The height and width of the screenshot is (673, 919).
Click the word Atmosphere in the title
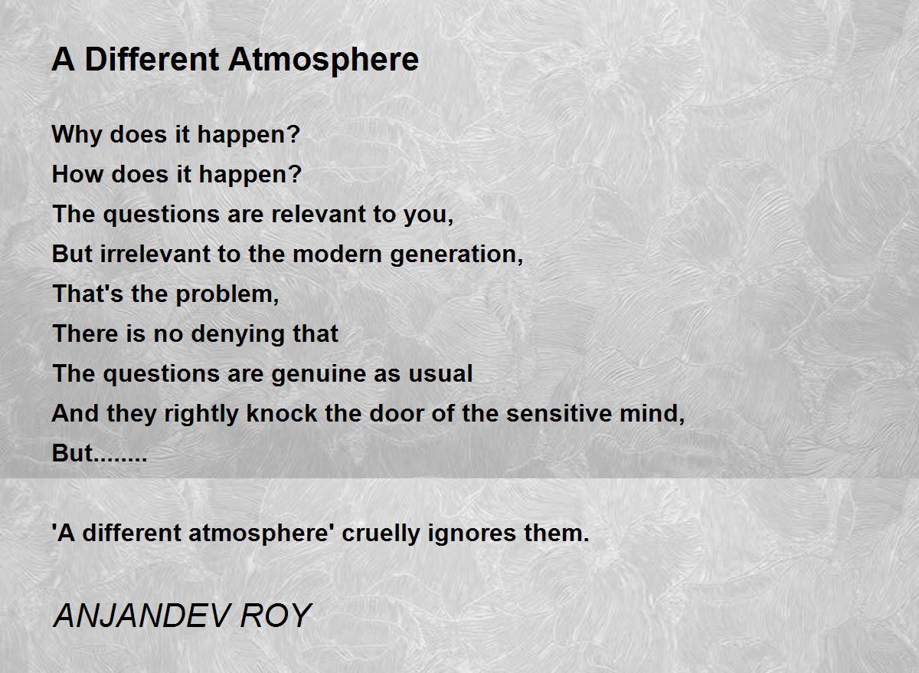click(x=323, y=61)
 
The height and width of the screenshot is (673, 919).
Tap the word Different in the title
click(x=152, y=59)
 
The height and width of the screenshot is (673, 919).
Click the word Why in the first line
click(x=77, y=136)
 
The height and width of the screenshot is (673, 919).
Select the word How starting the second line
click(x=77, y=174)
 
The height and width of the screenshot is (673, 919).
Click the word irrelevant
click(x=155, y=254)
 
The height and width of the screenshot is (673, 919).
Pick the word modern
click(x=337, y=254)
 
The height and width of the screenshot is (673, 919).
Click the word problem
click(x=227, y=295)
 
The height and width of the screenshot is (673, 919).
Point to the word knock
click(x=282, y=413)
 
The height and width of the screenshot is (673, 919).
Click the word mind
click(x=652, y=414)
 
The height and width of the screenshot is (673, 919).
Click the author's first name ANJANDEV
click(x=141, y=616)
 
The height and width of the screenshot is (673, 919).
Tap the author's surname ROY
click(x=276, y=616)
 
